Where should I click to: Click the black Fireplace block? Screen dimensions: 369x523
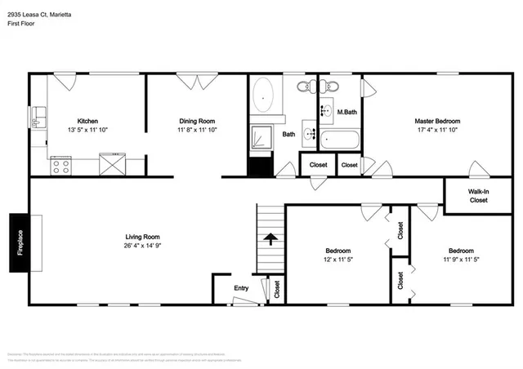(21, 242)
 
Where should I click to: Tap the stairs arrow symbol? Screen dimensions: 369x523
(270, 239)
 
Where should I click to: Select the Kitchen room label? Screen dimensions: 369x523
(88, 120)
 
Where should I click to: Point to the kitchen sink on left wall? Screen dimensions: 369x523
(38, 117)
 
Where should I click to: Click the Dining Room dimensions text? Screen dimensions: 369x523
(197, 130)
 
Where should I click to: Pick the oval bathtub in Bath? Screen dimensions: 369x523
(264, 95)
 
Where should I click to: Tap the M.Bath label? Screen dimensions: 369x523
(347, 112)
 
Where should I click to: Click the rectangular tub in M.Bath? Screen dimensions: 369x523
(337, 139)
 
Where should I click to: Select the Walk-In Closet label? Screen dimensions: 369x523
(478, 196)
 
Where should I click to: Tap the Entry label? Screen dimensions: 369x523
(241, 287)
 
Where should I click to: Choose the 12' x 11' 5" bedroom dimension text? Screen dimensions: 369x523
(338, 260)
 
